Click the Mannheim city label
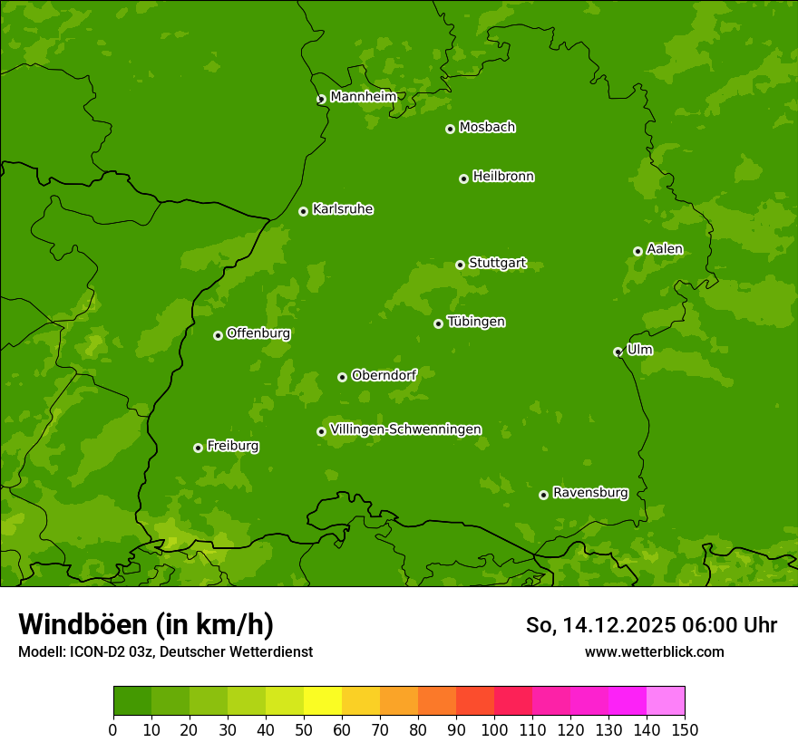363,97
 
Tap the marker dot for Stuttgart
460,265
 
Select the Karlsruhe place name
342,209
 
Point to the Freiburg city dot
198,448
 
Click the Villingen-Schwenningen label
405,429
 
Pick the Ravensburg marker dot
543,495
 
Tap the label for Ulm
639,350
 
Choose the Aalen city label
665,249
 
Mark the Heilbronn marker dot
463,178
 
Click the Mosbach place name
487,128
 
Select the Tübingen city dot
438,323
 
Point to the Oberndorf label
384,375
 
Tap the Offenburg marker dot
218,335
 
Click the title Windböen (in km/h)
146,624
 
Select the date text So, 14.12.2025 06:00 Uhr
651,625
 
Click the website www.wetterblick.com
654,651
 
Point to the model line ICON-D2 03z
165,651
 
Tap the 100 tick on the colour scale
494,729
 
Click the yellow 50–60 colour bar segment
323,701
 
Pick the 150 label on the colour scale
685,729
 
